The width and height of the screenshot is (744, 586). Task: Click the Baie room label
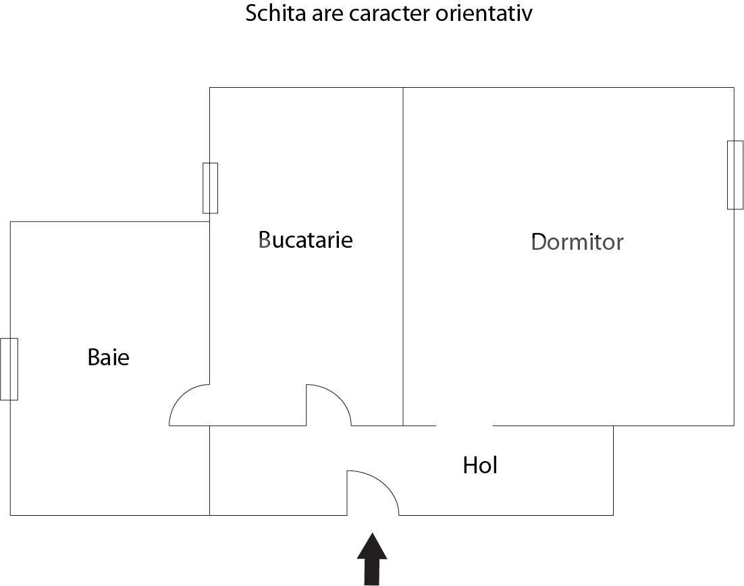(x=108, y=357)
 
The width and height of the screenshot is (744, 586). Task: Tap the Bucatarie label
(x=306, y=240)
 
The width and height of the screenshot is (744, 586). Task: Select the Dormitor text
(x=577, y=242)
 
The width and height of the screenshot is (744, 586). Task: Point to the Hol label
(x=480, y=465)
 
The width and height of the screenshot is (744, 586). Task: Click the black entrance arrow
(x=372, y=559)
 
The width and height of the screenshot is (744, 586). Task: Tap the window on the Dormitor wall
(x=735, y=175)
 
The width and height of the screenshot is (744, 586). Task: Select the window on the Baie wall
(x=9, y=369)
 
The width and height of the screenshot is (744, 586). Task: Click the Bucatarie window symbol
(x=210, y=188)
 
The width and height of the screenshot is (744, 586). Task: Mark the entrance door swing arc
(x=383, y=483)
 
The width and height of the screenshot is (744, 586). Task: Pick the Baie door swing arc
(x=182, y=396)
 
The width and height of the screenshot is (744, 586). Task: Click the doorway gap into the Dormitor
(x=464, y=425)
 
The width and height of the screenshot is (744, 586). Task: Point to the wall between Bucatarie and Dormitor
(x=403, y=257)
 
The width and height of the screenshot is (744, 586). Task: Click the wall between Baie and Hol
(x=210, y=471)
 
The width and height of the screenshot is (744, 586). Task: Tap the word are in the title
(x=327, y=15)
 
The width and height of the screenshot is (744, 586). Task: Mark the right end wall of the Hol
(x=614, y=471)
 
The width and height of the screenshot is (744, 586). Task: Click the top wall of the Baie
(x=110, y=221)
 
